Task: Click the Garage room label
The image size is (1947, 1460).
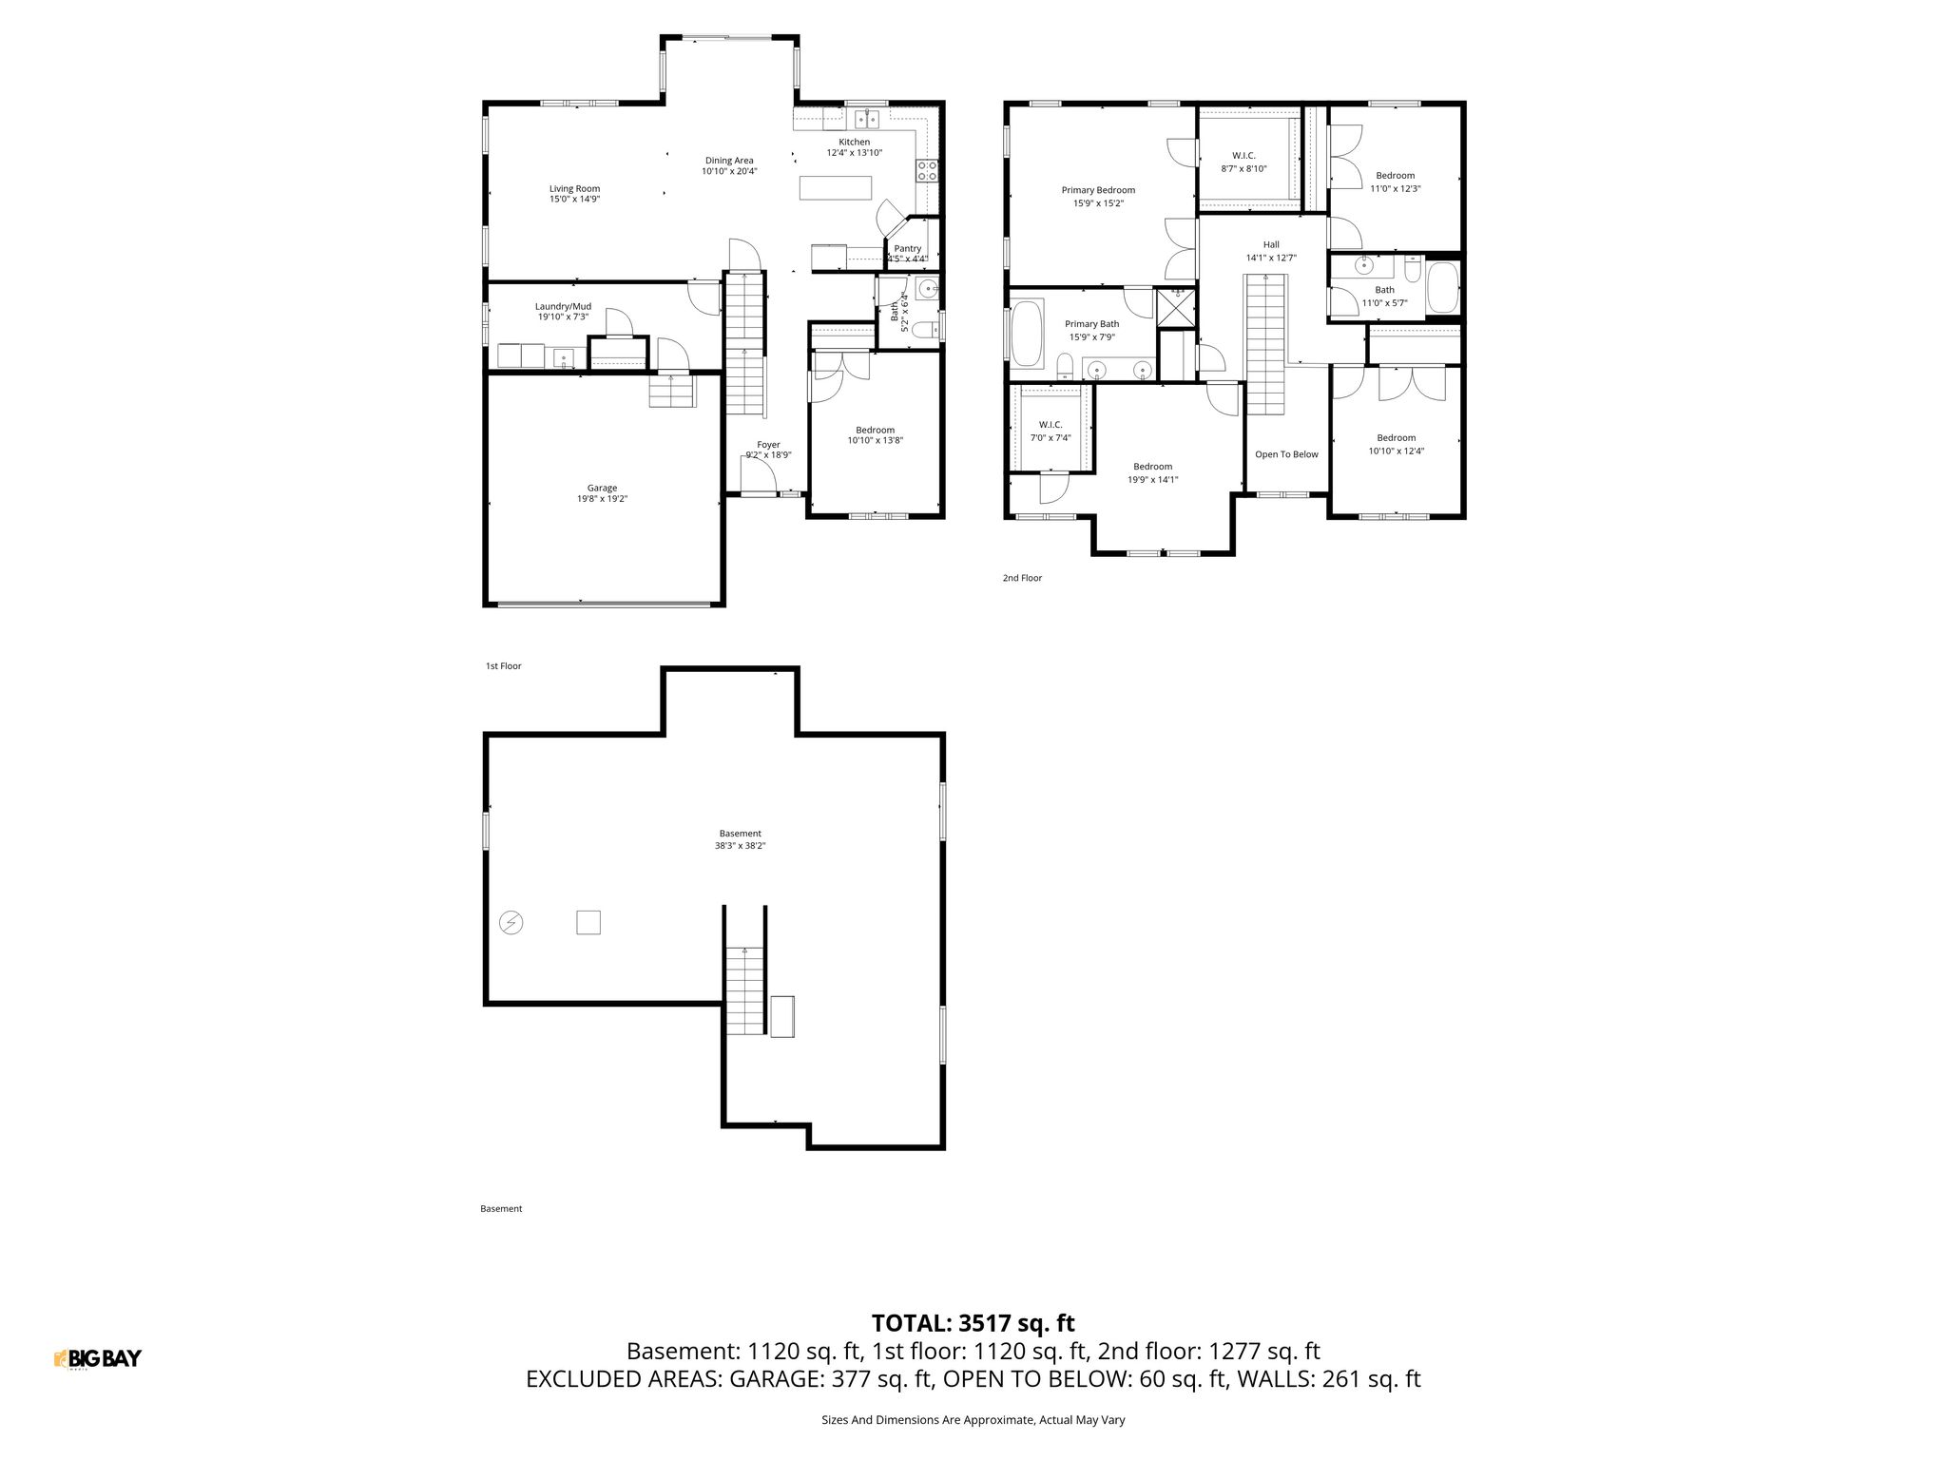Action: click(x=602, y=488)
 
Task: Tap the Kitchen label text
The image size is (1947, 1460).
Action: click(x=854, y=142)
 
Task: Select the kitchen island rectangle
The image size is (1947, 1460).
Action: click(x=836, y=187)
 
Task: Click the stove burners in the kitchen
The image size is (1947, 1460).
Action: click(x=927, y=171)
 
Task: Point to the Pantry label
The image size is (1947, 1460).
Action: click(x=908, y=248)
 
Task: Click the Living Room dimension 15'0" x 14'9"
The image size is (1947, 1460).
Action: click(x=574, y=200)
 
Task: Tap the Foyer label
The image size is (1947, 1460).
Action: click(x=768, y=445)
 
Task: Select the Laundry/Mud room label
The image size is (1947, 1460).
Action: click(x=563, y=306)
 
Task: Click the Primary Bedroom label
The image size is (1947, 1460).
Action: click(x=1098, y=190)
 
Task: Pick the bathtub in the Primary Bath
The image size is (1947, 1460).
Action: click(x=1026, y=333)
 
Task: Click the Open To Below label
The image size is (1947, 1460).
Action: click(x=1286, y=454)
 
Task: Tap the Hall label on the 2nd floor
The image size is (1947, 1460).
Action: click(x=1271, y=244)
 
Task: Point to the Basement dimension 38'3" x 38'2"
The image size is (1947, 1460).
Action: click(x=740, y=845)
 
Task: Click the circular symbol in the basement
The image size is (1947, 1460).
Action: click(x=511, y=922)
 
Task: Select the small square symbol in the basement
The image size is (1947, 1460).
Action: click(x=588, y=922)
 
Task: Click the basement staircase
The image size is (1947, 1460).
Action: click(x=744, y=991)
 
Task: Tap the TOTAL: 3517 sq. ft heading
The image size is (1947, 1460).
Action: click(x=973, y=1323)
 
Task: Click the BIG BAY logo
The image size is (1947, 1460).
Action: click(x=98, y=1358)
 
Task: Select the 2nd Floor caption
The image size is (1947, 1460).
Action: click(x=1022, y=578)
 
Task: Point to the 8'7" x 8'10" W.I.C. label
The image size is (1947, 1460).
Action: click(x=1243, y=168)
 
